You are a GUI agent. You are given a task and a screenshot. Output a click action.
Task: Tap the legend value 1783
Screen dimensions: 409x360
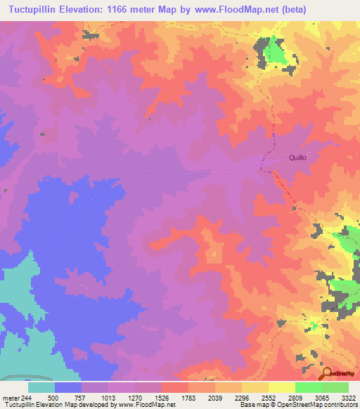188,397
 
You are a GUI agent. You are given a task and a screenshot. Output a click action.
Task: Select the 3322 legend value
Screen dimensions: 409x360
348,397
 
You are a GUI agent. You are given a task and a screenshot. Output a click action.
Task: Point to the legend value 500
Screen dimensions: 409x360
53,397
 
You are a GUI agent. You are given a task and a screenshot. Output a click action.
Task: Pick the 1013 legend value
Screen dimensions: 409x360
108,397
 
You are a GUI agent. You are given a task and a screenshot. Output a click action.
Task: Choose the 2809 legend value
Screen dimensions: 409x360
295,397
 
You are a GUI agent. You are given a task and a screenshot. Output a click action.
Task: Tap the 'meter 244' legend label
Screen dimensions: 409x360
17,397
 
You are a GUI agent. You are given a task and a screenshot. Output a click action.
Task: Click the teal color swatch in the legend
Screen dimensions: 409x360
41,387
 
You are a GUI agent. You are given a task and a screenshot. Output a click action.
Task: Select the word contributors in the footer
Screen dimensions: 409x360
340,405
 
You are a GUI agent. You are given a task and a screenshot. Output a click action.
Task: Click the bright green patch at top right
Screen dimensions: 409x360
278,53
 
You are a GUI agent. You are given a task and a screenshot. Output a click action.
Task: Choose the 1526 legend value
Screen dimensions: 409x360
161,397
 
